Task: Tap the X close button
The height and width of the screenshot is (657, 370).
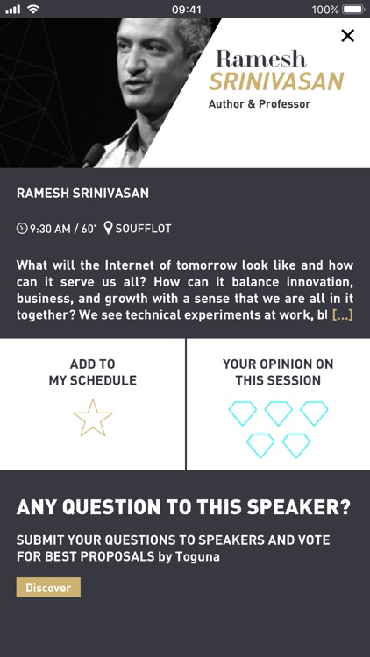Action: click(347, 36)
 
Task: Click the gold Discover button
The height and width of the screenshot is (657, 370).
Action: click(48, 588)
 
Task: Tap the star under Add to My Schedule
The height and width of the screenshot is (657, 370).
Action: click(92, 418)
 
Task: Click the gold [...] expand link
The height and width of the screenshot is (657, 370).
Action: click(342, 314)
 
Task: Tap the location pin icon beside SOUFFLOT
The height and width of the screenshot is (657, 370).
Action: click(108, 229)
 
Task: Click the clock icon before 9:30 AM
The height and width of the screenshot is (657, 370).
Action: click(22, 229)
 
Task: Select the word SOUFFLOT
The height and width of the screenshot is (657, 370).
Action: click(144, 229)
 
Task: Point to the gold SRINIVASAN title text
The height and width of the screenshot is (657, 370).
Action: click(275, 82)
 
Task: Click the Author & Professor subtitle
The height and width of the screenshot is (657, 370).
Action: click(260, 104)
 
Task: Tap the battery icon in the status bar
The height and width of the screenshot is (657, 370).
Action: click(353, 10)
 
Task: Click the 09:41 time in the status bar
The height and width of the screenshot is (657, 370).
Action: click(186, 10)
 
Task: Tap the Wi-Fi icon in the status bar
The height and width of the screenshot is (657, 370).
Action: click(33, 10)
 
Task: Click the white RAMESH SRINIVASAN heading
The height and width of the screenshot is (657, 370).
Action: click(82, 194)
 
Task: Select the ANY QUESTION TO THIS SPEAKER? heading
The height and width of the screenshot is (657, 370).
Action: click(184, 508)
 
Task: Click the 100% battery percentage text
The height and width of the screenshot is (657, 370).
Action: click(324, 10)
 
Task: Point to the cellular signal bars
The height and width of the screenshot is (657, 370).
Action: click(12, 10)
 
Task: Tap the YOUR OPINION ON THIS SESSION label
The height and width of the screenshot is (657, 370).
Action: click(278, 372)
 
